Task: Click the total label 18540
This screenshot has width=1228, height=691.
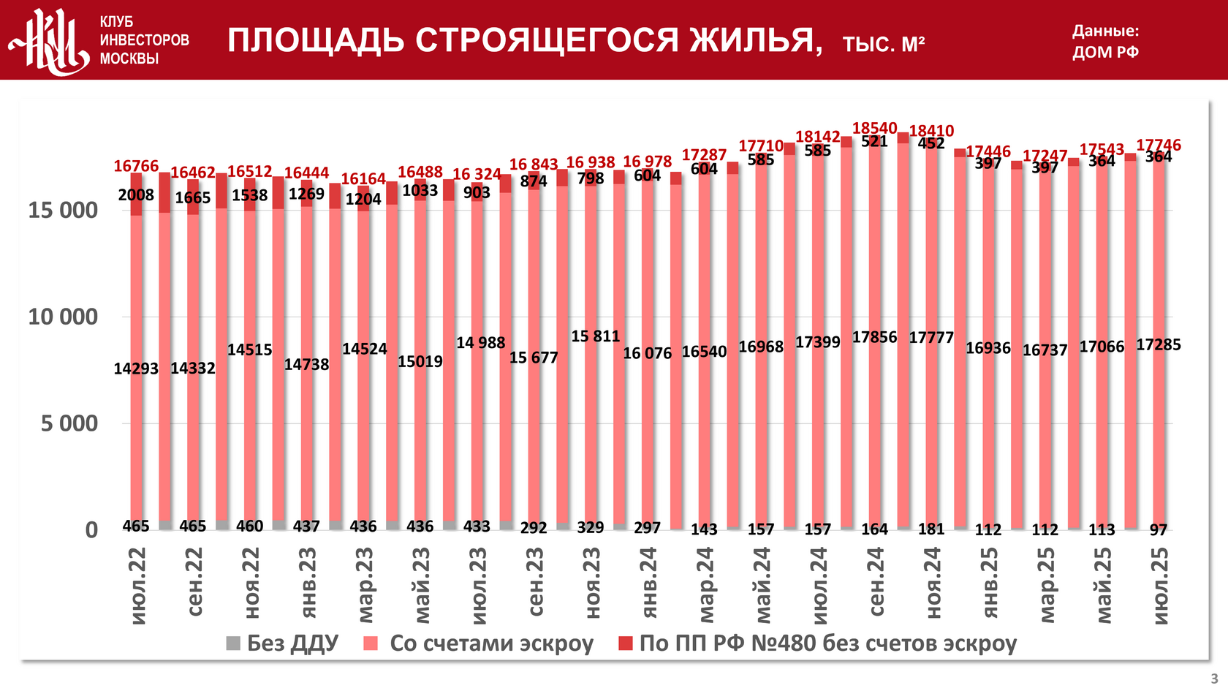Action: coord(874,129)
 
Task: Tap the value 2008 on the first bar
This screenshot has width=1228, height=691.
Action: coord(136,195)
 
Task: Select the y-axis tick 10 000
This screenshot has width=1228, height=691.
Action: coord(63,317)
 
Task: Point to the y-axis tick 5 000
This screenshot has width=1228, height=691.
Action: coord(69,423)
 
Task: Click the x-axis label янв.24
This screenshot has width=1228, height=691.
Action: coord(648,582)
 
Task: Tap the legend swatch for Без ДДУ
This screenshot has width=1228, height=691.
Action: coord(233,643)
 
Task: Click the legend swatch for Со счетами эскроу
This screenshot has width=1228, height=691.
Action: coord(371,643)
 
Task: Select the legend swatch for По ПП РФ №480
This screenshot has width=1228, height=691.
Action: coord(625,643)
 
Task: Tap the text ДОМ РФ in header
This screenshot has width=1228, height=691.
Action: coord(1105,53)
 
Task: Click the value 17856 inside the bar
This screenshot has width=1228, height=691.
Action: coord(874,338)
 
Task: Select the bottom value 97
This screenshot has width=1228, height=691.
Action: coord(1159,529)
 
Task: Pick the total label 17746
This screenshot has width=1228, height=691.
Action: coord(1159,146)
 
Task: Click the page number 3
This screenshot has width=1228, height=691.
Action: coord(1214,679)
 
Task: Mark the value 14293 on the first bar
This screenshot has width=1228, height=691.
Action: coord(136,369)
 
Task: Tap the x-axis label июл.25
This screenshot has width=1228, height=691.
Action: coord(1160,586)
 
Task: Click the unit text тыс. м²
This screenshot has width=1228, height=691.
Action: coord(884,45)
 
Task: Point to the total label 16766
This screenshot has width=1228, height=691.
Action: coord(136,167)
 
